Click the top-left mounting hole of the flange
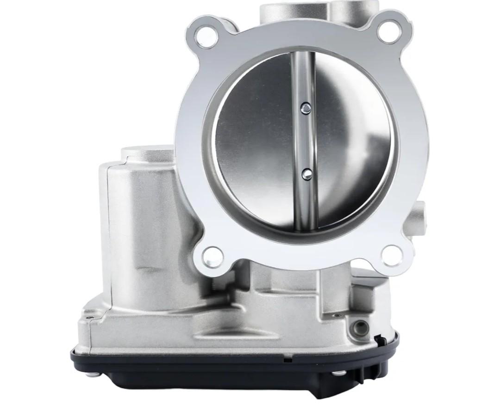pos(205,37)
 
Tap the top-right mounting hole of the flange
pos(388,32)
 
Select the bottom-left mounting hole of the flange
pos(212,255)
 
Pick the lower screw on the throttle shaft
pos(306,173)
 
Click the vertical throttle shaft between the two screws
pos(304,141)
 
